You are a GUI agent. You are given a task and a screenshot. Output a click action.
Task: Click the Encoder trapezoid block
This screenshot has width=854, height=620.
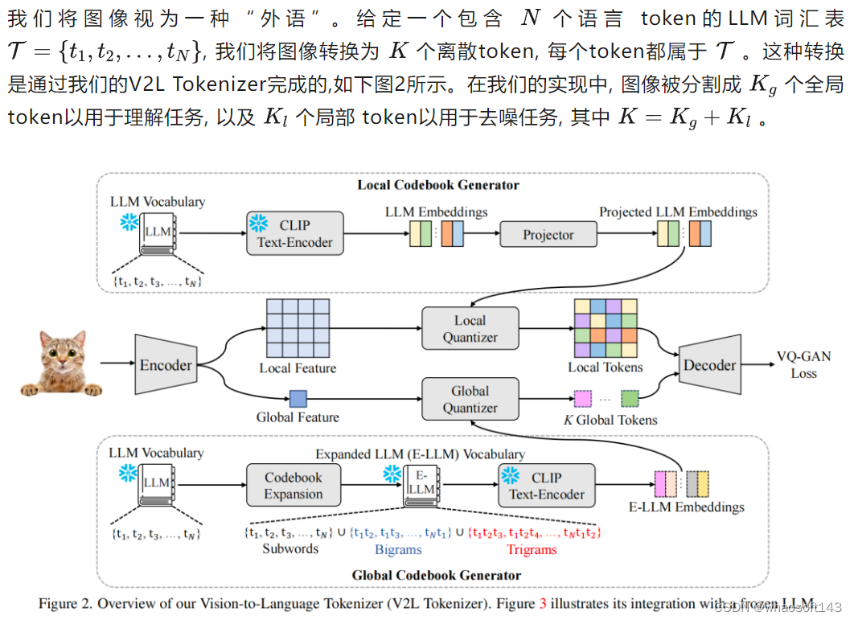point(166,365)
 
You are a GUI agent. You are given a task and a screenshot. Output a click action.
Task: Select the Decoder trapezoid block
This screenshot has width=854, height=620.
point(709,365)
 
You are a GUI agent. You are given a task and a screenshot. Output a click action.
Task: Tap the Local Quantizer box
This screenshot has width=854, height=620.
point(470,329)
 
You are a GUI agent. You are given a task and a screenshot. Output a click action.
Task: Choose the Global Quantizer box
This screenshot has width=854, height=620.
point(470,400)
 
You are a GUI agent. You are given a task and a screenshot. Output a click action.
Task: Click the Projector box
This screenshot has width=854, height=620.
point(548,235)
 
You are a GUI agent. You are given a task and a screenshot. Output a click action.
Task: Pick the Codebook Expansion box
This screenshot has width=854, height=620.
point(294,486)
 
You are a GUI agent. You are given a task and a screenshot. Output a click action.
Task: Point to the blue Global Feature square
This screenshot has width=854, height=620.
point(298,398)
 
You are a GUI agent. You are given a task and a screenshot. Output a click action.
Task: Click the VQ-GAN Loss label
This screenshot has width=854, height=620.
point(803,365)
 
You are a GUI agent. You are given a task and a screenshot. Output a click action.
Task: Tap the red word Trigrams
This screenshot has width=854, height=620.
point(532,550)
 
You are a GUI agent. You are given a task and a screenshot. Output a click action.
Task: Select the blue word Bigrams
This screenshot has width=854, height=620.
point(398,550)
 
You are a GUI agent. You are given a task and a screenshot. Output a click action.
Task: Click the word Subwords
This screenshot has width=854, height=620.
point(290,549)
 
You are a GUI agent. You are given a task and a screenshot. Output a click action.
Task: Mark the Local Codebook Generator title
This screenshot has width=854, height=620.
point(438,186)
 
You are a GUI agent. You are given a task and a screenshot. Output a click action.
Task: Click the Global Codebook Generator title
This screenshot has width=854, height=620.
point(437,575)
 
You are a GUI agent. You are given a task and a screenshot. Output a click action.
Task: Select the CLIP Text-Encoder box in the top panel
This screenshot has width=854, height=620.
point(294,233)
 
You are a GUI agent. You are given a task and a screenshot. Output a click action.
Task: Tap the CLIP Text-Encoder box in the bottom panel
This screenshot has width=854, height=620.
point(547,486)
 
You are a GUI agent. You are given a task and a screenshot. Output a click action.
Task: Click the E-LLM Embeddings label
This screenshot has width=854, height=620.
point(686,507)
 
